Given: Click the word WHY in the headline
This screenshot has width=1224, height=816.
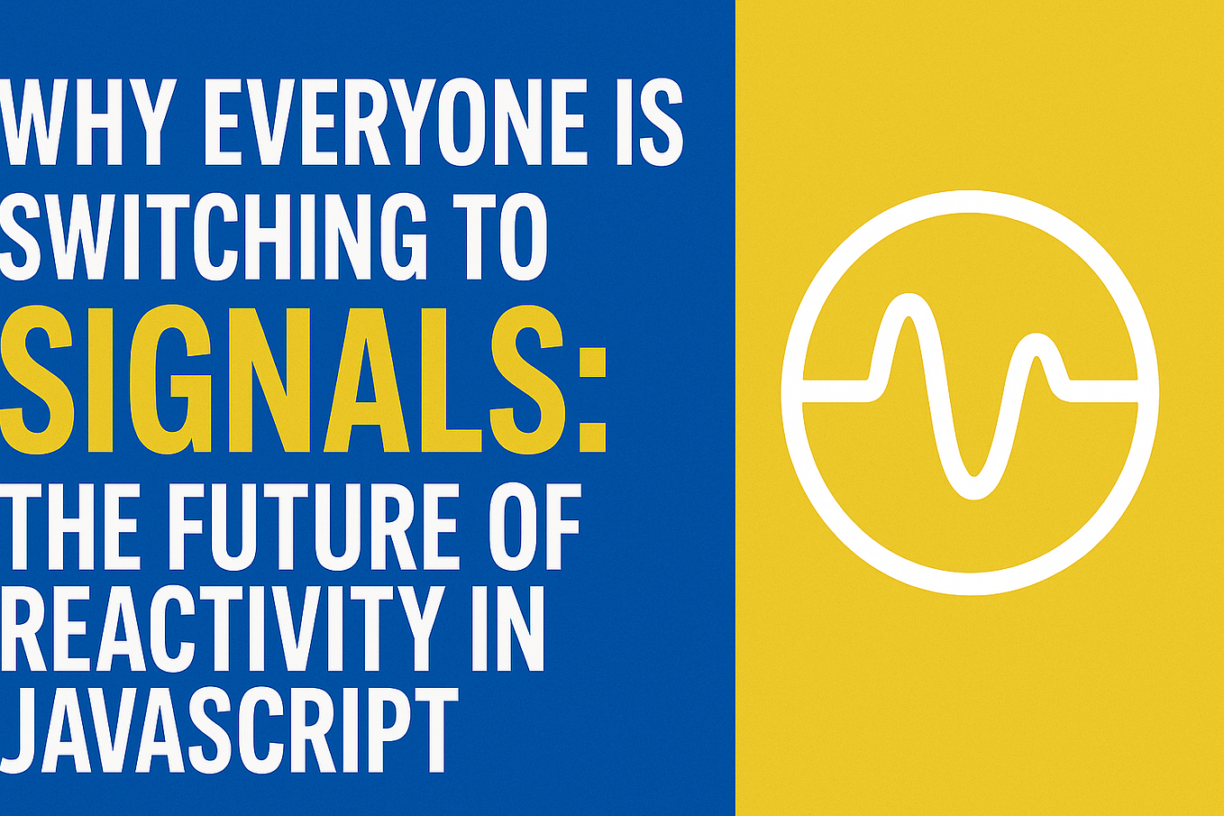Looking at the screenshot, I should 86,122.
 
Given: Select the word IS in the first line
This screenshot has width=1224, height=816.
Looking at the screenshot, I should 648,122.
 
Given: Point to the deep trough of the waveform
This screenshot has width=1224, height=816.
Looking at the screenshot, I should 971,487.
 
